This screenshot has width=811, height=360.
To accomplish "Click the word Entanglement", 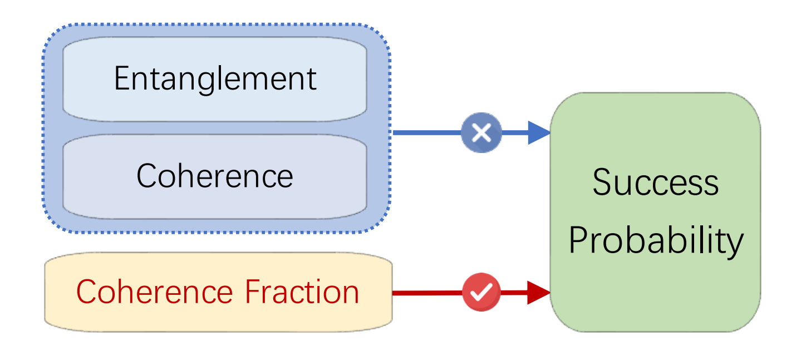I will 215,78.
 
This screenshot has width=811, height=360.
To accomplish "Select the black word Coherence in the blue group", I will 214,176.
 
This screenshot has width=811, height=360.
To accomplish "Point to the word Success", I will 655,183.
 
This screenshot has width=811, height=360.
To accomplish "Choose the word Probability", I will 656,240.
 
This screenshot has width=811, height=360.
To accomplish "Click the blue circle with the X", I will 481,133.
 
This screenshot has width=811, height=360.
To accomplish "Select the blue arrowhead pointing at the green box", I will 538,133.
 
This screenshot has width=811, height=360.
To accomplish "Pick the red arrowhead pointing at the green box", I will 538,292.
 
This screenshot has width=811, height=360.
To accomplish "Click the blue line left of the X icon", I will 426,133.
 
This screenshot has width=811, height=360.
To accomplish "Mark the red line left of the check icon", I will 426,292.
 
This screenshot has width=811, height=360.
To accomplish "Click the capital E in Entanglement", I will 121,78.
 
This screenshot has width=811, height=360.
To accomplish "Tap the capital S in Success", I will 603,183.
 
